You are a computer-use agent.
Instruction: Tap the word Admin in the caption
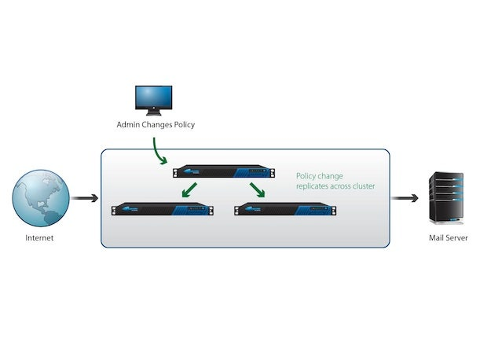(129, 125)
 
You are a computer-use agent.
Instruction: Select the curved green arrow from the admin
(159, 152)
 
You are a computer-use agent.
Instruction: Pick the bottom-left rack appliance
(162, 209)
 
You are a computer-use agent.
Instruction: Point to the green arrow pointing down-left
(189, 190)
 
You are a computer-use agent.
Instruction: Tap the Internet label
(39, 237)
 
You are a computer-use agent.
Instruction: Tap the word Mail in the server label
(438, 237)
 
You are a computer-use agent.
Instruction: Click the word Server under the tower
(457, 237)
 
